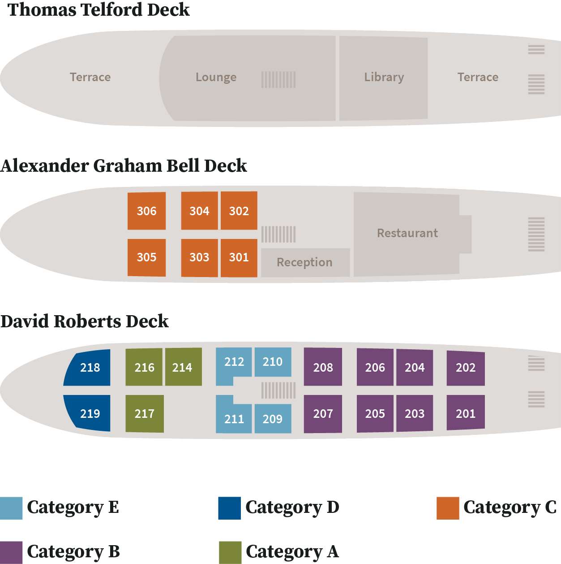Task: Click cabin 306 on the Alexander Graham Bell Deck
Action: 146,211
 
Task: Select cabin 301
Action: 239,258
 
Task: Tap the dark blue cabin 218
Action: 88,367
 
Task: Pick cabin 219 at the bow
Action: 88,413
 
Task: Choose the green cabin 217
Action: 145,413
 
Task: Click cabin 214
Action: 183,367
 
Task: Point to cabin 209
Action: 273,419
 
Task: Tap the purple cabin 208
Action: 323,367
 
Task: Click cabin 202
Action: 466,368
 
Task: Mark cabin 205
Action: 375,413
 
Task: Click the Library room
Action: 384,78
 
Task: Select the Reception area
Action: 305,263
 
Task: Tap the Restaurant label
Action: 407,233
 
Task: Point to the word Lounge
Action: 216,77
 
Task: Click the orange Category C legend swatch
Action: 448,508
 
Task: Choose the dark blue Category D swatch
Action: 230,508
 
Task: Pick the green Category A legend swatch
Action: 230,553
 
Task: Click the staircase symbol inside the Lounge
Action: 278,80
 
